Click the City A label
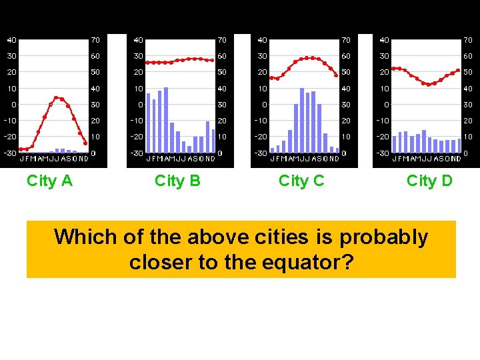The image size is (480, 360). click(x=49, y=181)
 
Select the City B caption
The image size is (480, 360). click(x=177, y=181)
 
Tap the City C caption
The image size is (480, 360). click(x=301, y=181)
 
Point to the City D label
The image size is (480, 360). click(x=429, y=181)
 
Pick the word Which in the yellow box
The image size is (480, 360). click(x=85, y=237)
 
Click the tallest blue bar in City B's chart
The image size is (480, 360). click(x=166, y=120)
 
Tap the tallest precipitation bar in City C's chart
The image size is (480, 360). click(x=302, y=121)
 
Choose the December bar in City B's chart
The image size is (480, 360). click(x=214, y=141)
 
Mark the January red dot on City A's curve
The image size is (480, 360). click(x=21, y=149)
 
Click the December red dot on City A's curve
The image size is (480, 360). click(x=85, y=143)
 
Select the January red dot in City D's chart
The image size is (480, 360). click(x=393, y=68)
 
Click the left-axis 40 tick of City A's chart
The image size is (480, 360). click(x=13, y=40)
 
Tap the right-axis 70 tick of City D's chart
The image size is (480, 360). click(x=468, y=40)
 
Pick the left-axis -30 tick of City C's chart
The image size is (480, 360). click(x=262, y=153)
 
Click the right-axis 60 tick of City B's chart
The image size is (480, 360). click(x=222, y=56)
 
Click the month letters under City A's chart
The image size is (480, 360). click(x=54, y=159)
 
